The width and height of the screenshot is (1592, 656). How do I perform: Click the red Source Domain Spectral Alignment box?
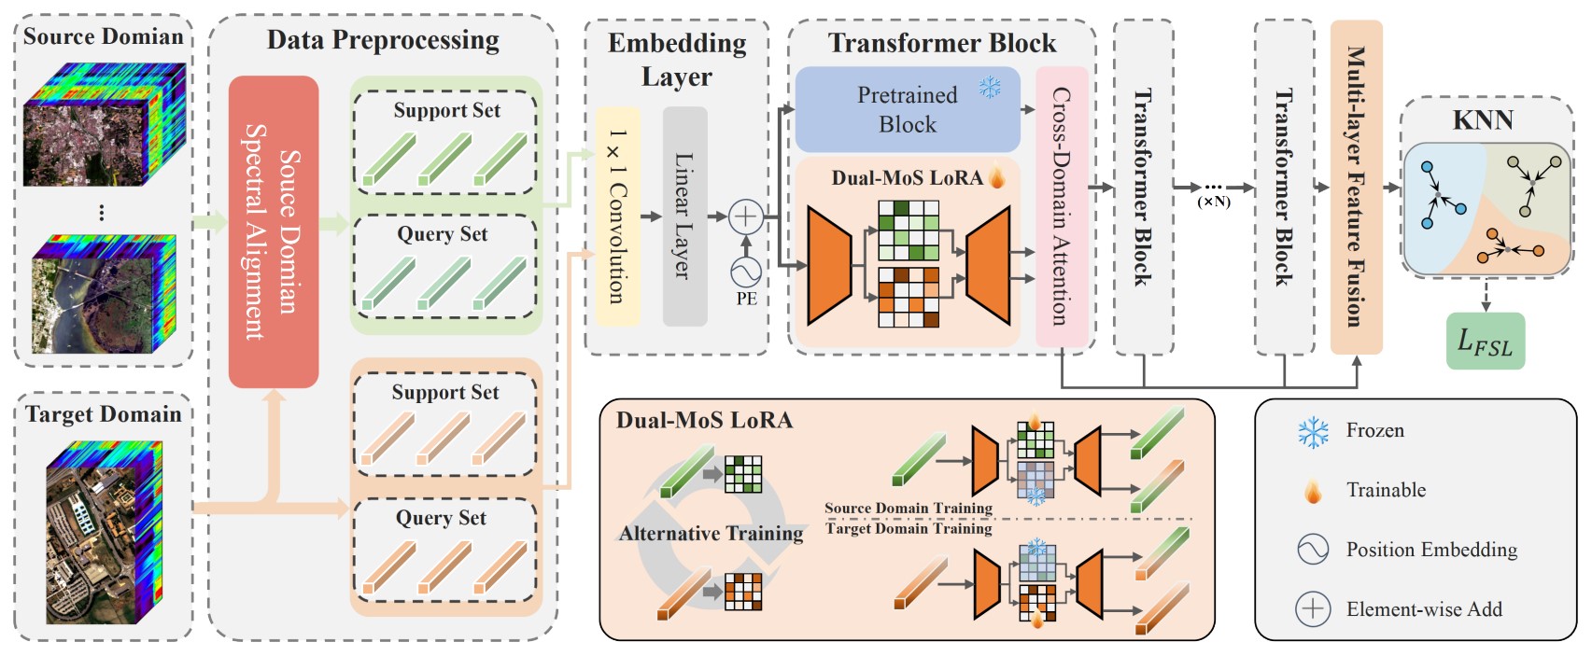click(x=273, y=231)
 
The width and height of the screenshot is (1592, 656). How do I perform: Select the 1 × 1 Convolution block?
click(x=617, y=216)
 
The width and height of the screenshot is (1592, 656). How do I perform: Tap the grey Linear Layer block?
click(x=684, y=216)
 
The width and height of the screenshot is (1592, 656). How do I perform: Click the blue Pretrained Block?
click(x=907, y=109)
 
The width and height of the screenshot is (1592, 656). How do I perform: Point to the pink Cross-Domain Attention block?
click(x=1062, y=206)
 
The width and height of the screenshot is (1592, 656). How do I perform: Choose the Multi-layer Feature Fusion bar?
click(x=1356, y=187)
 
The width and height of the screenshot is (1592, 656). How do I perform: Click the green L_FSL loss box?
click(x=1485, y=342)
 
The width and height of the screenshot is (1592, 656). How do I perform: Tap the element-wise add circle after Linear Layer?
click(x=745, y=216)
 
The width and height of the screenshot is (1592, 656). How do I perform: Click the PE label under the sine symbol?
click(x=746, y=300)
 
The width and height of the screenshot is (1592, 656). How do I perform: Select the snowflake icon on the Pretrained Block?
click(x=990, y=88)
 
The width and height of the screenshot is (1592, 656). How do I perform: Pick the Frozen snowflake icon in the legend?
click(x=1313, y=432)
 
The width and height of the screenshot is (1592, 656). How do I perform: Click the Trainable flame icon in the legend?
click(x=1313, y=491)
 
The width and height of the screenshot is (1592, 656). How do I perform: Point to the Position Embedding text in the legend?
click(x=1431, y=550)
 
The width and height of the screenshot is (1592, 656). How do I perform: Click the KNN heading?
click(x=1483, y=120)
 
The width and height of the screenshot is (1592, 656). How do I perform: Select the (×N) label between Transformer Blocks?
click(x=1214, y=202)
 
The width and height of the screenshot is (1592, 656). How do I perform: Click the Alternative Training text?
click(x=711, y=534)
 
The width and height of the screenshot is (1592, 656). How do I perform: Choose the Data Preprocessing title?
click(x=383, y=40)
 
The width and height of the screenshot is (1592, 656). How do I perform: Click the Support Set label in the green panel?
click(x=446, y=110)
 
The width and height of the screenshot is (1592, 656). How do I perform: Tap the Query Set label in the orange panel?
click(x=441, y=518)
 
